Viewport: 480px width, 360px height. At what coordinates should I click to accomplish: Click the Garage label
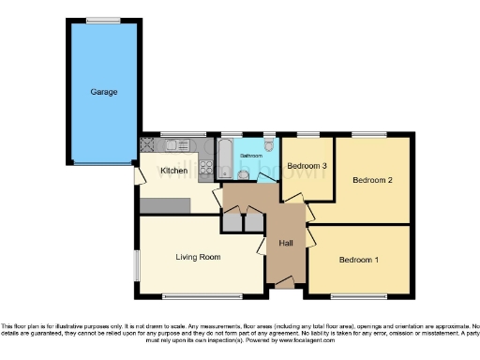[x=103, y=93]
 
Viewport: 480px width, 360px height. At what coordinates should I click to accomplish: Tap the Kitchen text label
[x=173, y=171]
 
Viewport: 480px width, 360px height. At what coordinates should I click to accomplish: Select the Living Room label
[x=198, y=256]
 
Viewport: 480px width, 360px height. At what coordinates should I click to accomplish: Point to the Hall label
[x=286, y=244]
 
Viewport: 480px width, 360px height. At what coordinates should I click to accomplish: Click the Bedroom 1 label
[x=359, y=259]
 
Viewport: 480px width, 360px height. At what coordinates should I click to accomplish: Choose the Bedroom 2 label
[x=371, y=179]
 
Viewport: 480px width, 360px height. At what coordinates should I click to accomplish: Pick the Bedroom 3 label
[x=307, y=166]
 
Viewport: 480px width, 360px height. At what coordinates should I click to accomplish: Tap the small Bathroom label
[x=249, y=156]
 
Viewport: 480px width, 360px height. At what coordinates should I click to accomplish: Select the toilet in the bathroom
[x=269, y=145]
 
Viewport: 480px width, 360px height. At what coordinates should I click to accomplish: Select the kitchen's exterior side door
[x=138, y=174]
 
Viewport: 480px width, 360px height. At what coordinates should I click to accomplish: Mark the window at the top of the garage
[x=103, y=20]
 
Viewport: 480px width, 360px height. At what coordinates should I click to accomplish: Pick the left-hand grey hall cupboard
[x=231, y=222]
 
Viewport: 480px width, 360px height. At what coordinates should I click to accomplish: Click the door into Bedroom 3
[x=290, y=197]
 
